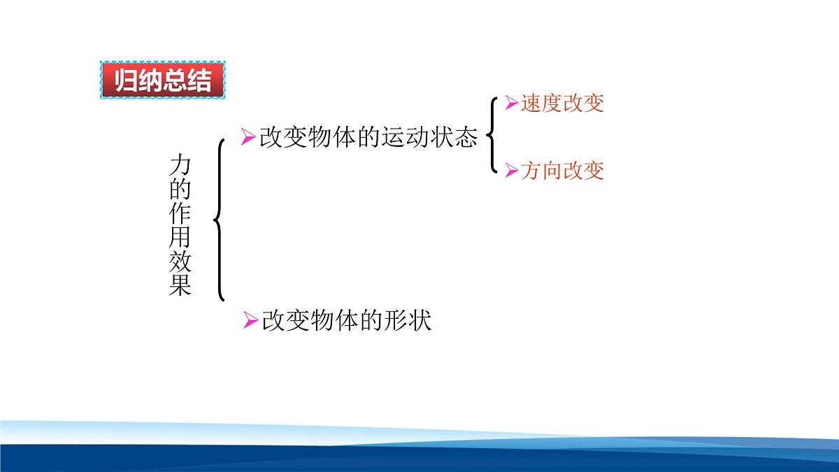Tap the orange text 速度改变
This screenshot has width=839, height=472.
coord(562,103)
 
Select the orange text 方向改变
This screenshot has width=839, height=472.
coord(562,171)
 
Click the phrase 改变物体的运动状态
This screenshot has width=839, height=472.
coord(368,137)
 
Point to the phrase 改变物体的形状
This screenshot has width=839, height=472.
coord(347,321)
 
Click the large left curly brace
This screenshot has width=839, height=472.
coord(220,220)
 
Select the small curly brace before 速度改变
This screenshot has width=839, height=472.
coord(492,136)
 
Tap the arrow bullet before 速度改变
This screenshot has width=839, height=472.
coord(511,103)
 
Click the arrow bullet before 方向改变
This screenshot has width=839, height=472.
coord(511,171)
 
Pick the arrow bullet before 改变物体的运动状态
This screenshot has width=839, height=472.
coord(247,137)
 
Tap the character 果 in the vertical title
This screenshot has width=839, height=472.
coord(180,285)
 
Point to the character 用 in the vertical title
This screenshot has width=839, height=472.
coord(180,238)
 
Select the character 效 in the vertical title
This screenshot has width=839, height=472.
coord(180,262)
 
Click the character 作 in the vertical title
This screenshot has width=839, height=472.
coord(180,213)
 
